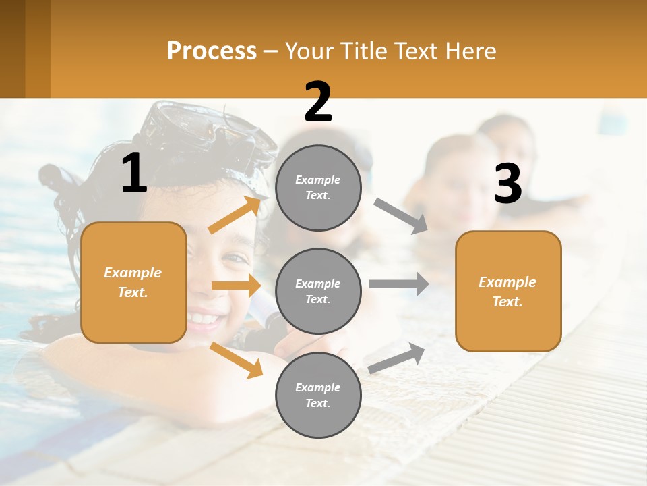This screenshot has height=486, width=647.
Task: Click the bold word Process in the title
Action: (212, 51)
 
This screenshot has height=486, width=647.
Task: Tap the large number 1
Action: (134, 173)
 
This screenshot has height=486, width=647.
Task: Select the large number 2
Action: (318, 102)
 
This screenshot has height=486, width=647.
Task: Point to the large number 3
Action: (508, 184)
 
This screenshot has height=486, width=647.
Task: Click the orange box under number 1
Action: (133, 282)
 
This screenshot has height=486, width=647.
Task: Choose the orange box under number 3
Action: (508, 291)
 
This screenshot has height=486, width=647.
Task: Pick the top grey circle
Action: (318, 188)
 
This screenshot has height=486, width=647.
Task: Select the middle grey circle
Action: (318, 291)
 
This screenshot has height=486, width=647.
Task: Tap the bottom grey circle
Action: (318, 395)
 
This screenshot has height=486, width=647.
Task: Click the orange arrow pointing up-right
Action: (235, 215)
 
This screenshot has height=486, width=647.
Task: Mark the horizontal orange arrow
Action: (236, 286)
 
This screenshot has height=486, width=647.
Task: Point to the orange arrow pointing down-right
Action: (236, 360)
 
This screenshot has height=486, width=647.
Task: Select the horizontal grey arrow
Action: (398, 283)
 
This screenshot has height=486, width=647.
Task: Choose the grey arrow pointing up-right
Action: (396, 358)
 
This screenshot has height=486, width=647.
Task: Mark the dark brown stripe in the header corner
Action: (13, 49)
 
